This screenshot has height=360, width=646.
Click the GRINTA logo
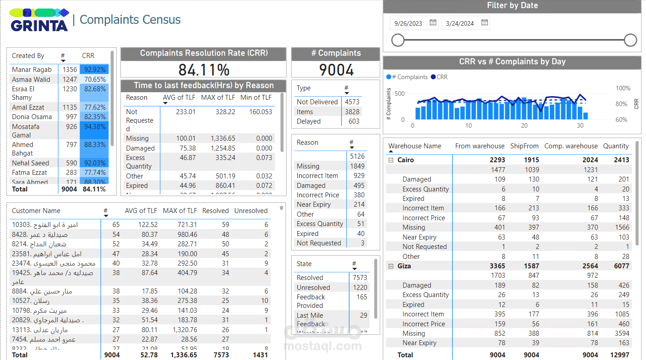tap(39, 20)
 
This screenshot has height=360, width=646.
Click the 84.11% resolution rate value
tap(204, 70)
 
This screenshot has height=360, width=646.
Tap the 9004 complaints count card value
tap(336, 70)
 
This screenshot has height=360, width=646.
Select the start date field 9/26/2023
tap(408, 23)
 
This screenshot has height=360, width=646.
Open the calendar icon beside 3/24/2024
tap(485, 22)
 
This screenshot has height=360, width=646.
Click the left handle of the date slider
tap(398, 40)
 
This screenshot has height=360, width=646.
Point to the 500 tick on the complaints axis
tap(399, 93)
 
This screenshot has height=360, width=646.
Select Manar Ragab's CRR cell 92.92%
tap(94, 70)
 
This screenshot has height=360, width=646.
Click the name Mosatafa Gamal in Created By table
tap(26, 130)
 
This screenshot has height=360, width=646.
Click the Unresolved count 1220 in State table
tap(360, 288)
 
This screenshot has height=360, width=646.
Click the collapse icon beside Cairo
tap(391, 160)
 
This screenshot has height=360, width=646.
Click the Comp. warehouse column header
tap(571, 146)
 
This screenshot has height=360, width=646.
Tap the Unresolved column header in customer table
tap(251, 211)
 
